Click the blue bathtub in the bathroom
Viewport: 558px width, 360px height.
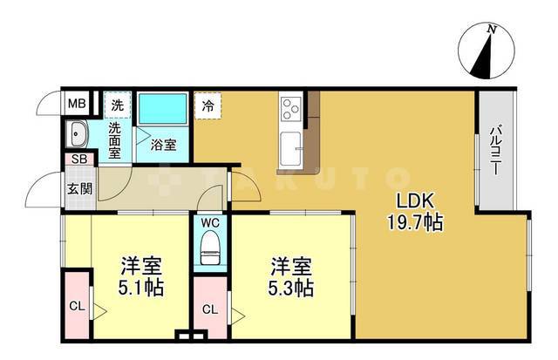tap(164, 109)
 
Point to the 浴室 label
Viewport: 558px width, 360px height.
tap(164, 145)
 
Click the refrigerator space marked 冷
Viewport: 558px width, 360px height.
tap(208, 105)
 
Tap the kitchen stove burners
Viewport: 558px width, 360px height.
tap(290, 111)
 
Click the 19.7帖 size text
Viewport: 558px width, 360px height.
tap(415, 221)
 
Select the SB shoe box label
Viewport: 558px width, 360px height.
tap(78, 160)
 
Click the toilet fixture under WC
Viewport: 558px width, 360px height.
tap(210, 254)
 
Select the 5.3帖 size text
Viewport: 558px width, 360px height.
tap(291, 287)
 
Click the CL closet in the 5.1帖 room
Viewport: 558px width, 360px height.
tap(76, 305)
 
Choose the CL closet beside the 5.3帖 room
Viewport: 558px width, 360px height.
tap(210, 309)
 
